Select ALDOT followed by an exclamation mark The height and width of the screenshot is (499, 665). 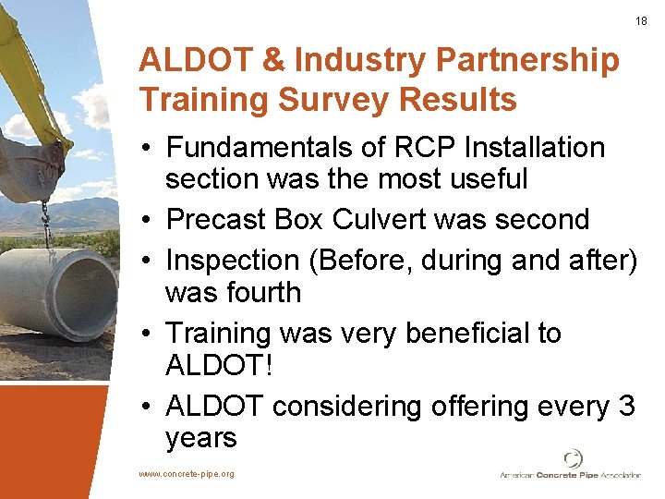click(x=218, y=365)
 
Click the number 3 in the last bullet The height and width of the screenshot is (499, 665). click(x=626, y=406)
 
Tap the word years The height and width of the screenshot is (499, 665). click(x=201, y=438)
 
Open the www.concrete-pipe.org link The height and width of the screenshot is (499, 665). click(x=186, y=474)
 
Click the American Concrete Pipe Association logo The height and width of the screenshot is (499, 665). click(x=570, y=466)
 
